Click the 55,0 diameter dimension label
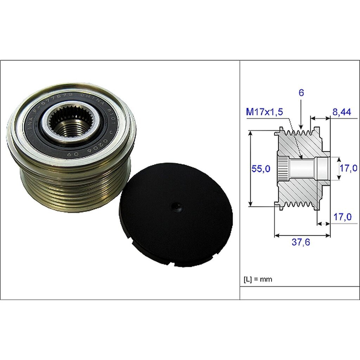pyautogui.click(x=261, y=169)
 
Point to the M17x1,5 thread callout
pyautogui.click(x=264, y=112)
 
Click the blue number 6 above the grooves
pyautogui.click(x=301, y=93)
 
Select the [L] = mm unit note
pyautogui.click(x=258, y=280)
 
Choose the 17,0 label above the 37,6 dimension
pyautogui.click(x=342, y=217)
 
